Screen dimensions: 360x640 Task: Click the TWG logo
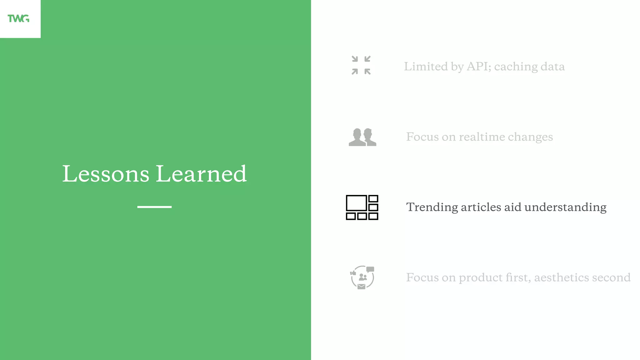[18, 19]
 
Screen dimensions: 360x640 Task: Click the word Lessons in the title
[106, 174]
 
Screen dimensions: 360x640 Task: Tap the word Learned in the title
[201, 174]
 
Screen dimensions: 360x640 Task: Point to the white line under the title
[154, 207]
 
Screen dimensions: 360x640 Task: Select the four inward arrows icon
[361, 65]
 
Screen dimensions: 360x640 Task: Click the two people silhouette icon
[362, 137]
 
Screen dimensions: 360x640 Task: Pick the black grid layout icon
[362, 207]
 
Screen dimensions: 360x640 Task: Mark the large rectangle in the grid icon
[356, 203]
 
